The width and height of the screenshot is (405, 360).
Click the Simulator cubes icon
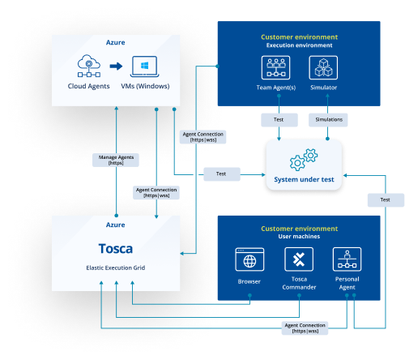(x=323, y=66)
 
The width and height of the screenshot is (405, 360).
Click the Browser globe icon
(x=250, y=260)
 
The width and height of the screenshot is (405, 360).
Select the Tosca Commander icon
(x=297, y=260)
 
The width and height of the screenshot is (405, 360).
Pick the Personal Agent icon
(x=346, y=260)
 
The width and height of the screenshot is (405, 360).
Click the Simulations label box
(x=326, y=119)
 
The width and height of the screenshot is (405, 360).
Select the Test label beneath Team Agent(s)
(x=278, y=119)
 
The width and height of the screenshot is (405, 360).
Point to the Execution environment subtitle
(x=299, y=45)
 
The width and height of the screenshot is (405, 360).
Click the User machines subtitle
(x=299, y=237)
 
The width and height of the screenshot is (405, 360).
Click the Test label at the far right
(x=385, y=199)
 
